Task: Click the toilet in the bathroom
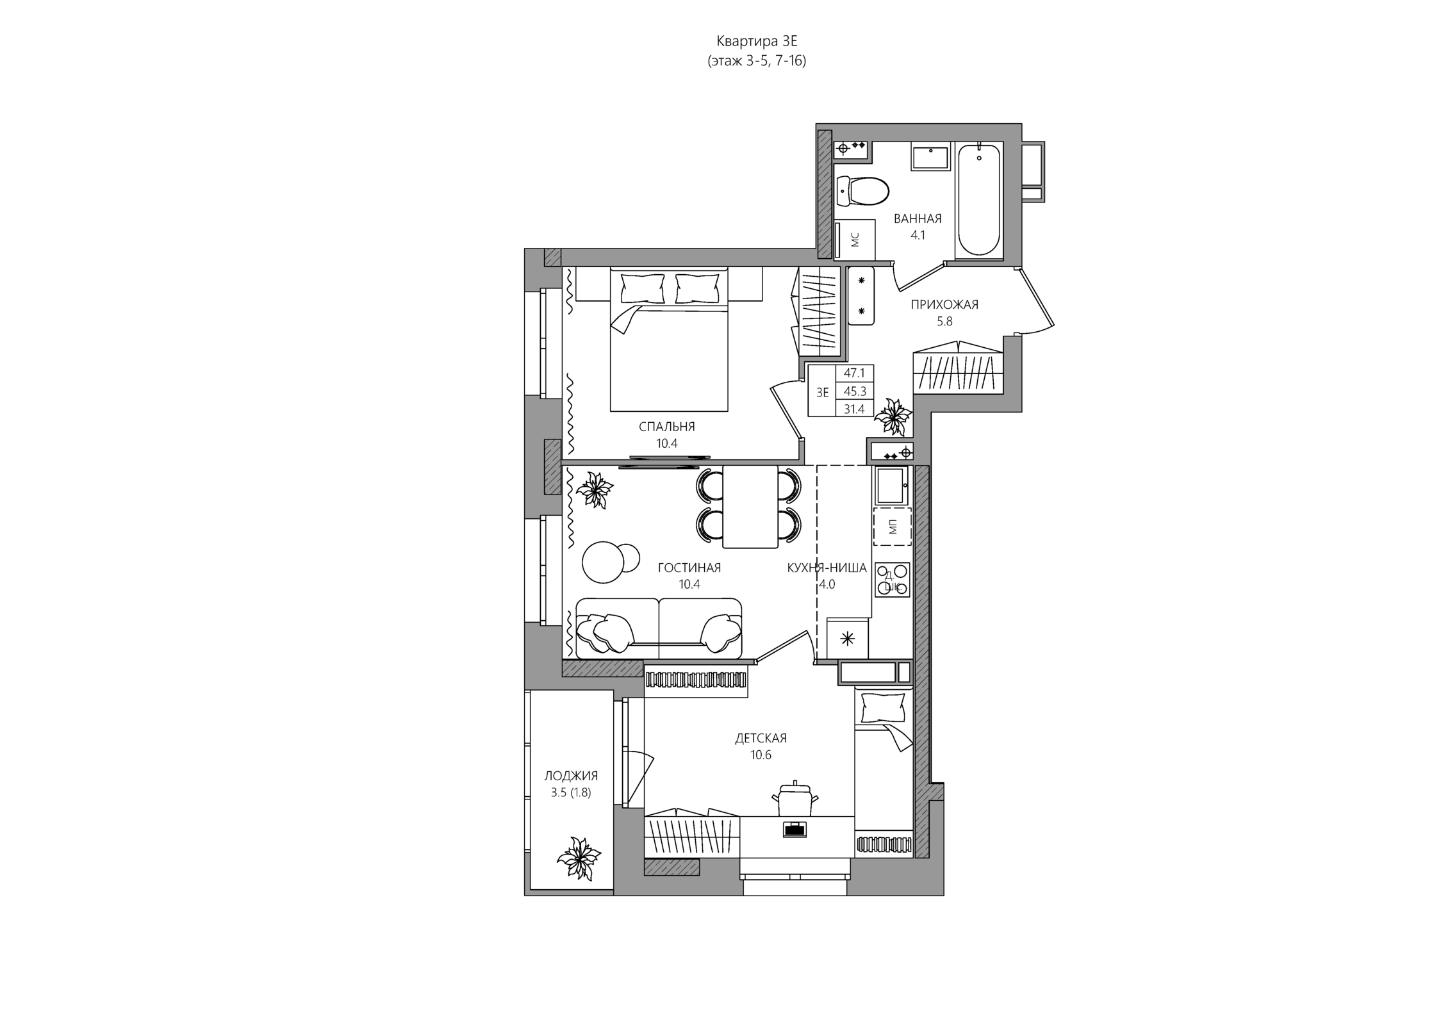tap(863, 191)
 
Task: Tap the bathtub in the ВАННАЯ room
tap(978, 201)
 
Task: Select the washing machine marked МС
tap(855, 240)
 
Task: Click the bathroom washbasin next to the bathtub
tap(930, 158)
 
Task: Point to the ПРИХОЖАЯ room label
tap(944, 304)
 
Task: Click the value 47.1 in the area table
tap(854, 373)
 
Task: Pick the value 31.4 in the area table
tap(854, 409)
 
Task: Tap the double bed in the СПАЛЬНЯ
tap(669, 339)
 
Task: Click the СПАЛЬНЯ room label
tap(666, 427)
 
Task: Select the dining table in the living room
tap(750, 506)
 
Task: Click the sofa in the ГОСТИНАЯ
tap(659, 628)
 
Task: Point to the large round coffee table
tap(602, 562)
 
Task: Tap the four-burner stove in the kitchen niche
tap(892, 580)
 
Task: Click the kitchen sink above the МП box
tap(891, 485)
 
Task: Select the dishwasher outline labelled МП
tap(892, 526)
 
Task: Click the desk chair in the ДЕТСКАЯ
tap(795, 798)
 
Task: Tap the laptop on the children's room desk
tap(795, 829)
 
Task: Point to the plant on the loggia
tap(579, 858)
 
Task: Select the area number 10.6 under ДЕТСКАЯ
tap(761, 755)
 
